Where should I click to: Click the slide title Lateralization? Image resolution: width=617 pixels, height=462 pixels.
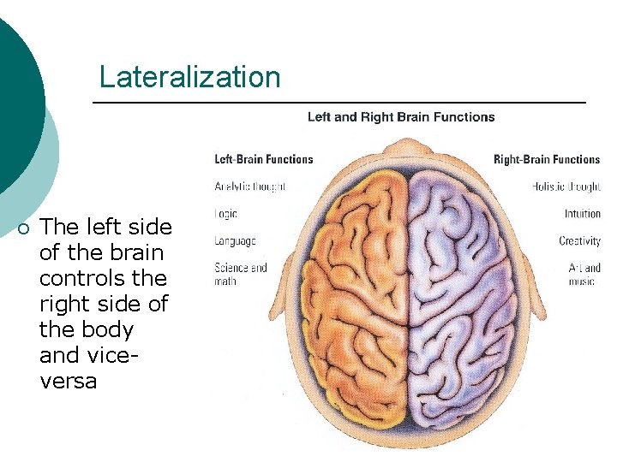(x=189, y=77)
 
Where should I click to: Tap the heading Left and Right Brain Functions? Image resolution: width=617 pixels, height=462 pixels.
(x=401, y=116)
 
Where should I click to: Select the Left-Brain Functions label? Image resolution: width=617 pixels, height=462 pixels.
(x=263, y=159)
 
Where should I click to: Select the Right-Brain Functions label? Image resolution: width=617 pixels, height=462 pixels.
(x=547, y=159)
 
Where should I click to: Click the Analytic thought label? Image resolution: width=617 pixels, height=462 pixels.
(x=249, y=186)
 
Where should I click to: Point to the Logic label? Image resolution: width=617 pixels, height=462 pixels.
(x=225, y=213)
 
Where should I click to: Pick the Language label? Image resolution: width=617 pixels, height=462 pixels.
(x=235, y=241)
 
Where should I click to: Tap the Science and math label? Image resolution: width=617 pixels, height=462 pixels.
(x=240, y=274)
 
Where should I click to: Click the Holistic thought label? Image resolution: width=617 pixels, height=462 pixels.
(x=566, y=186)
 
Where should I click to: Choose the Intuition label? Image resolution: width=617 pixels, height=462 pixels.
(x=582, y=213)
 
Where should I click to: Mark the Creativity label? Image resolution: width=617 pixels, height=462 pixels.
(x=579, y=241)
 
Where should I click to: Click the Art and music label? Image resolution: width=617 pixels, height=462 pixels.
(x=584, y=274)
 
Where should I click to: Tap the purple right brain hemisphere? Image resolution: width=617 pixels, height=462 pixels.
(x=467, y=291)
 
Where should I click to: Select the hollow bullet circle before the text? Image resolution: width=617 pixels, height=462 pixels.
(x=23, y=228)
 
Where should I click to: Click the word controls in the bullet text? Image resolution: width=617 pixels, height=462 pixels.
(x=103, y=278)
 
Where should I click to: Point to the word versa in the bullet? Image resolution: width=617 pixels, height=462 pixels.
(x=69, y=381)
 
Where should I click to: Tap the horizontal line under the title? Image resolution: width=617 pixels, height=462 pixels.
(x=338, y=103)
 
